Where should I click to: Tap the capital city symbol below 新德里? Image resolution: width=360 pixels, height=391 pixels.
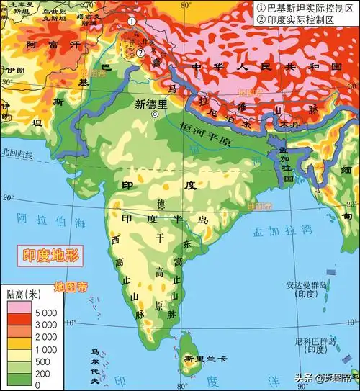coord(153,114)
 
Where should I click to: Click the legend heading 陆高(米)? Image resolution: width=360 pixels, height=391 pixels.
coord(25,295)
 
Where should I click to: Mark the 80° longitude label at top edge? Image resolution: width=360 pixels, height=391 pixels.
coord(186,5)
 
